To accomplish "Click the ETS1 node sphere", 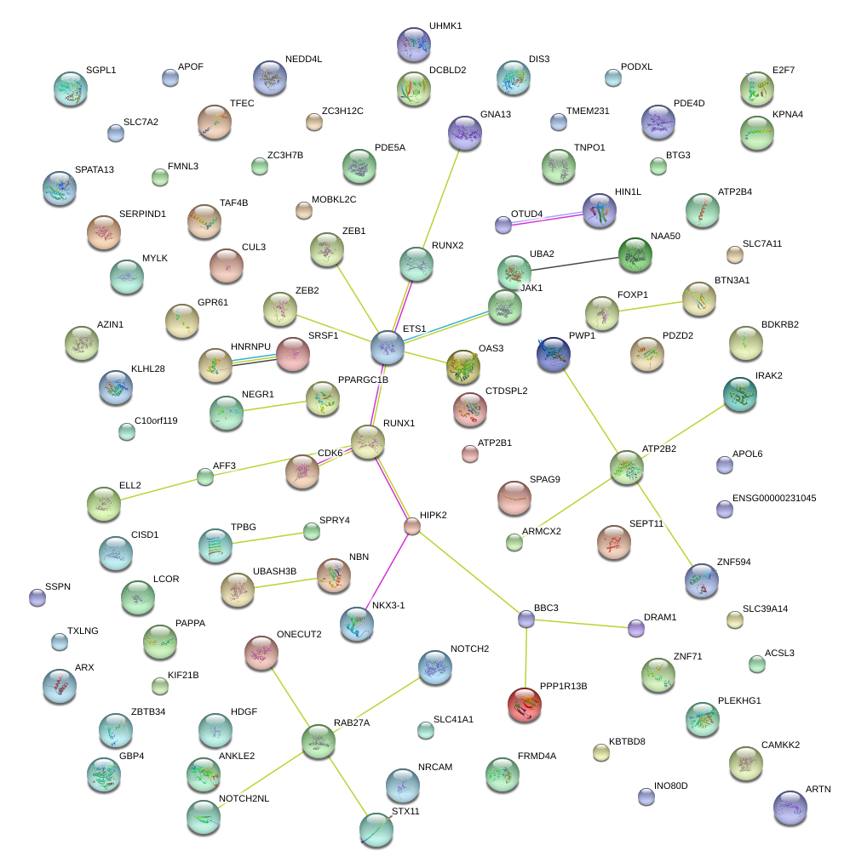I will click(388, 347).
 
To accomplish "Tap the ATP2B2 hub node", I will click(628, 466).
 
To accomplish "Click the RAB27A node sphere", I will click(319, 740).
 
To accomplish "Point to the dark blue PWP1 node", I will click(554, 353).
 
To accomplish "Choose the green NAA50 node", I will click(635, 254).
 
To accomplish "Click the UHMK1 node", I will click(414, 43).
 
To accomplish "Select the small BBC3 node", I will click(526, 620).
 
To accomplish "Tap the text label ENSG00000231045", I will click(773, 498).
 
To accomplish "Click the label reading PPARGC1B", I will click(363, 380).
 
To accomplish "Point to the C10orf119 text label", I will click(156, 420).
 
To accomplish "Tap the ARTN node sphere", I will click(790, 807).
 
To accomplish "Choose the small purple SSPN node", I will click(37, 597).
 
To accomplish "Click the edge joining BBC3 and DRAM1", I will click(581, 624).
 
